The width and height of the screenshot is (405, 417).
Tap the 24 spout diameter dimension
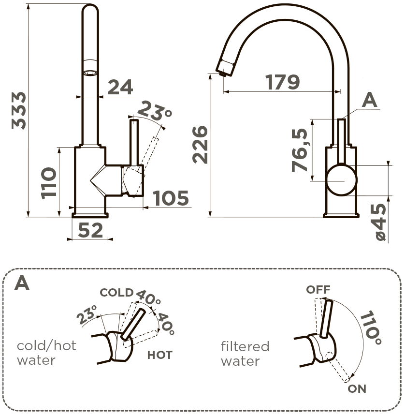(x=120, y=87)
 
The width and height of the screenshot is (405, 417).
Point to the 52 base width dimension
(x=90, y=231)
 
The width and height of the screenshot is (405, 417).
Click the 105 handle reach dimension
(x=171, y=198)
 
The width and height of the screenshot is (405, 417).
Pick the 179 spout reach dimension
(x=283, y=82)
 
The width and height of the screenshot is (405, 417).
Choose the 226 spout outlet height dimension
(x=200, y=144)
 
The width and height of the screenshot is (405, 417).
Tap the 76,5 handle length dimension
(x=301, y=150)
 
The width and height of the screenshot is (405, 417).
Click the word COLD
(x=116, y=293)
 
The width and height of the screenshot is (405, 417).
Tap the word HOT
(x=159, y=355)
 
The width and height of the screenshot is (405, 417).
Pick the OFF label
(x=318, y=290)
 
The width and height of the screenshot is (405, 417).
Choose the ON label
(x=357, y=388)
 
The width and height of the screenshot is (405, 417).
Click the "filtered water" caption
(x=245, y=354)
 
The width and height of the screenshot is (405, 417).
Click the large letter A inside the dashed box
(x=22, y=284)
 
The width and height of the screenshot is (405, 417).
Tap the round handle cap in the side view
(x=341, y=180)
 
